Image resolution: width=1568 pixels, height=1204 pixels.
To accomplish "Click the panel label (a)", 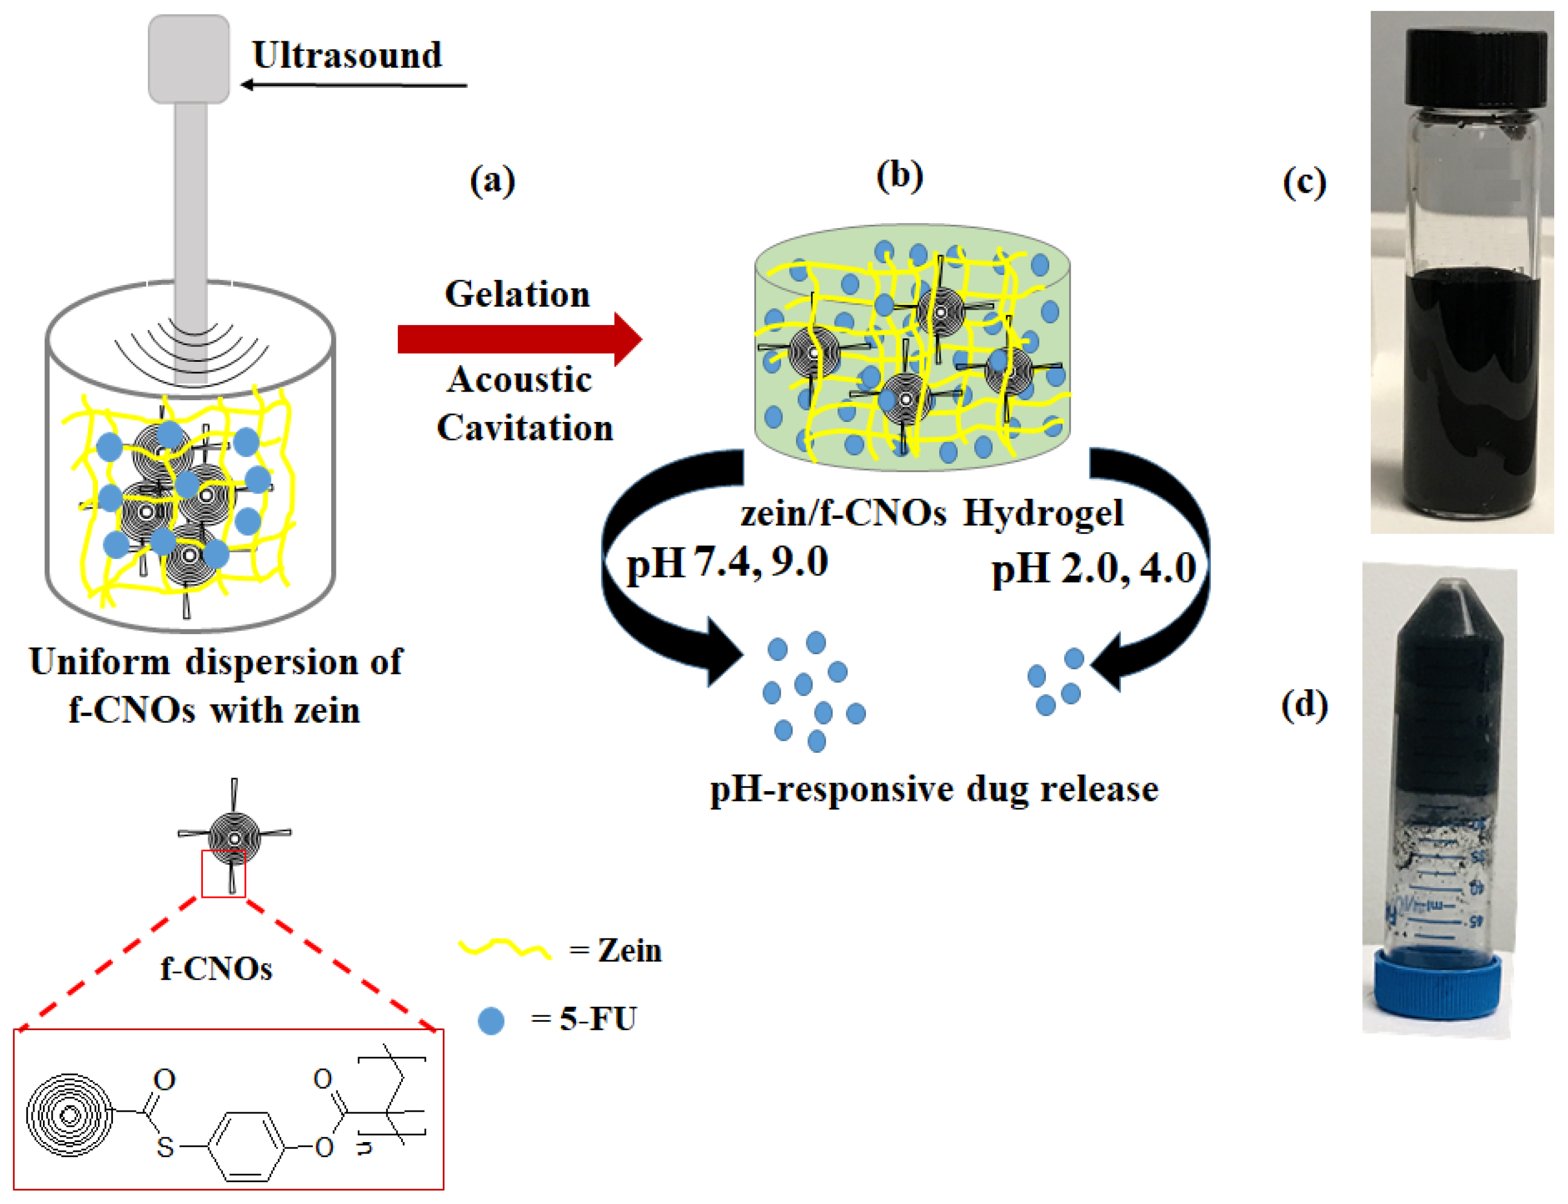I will coord(492,180).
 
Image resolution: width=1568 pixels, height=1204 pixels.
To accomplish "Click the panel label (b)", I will coord(900,175).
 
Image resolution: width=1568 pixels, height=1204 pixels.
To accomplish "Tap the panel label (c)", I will coord(1304,182).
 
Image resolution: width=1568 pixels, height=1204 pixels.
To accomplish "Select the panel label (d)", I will coord(1304,705).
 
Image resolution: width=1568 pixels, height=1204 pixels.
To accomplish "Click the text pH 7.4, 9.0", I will coord(727,562).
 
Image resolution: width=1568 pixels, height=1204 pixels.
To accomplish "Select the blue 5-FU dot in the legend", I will coord(491,1020).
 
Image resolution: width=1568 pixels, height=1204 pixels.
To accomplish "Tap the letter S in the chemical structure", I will coord(164,1147).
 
